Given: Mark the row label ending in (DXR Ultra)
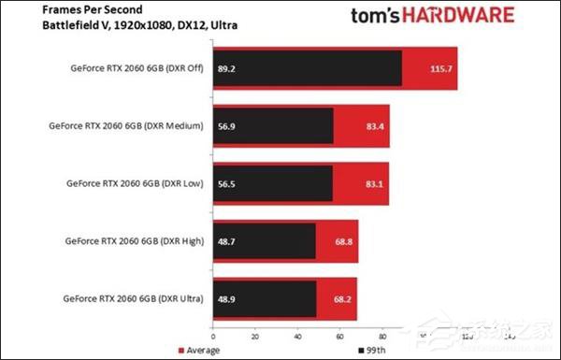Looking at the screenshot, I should coord(130,298).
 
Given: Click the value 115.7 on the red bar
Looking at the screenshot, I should coord(434,68).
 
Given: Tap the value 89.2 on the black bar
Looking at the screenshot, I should coord(226,68).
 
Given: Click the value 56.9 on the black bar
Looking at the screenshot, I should coord(226,126).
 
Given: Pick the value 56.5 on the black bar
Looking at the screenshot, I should coord(226,183).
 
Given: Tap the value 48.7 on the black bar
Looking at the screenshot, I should coord(226,240).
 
